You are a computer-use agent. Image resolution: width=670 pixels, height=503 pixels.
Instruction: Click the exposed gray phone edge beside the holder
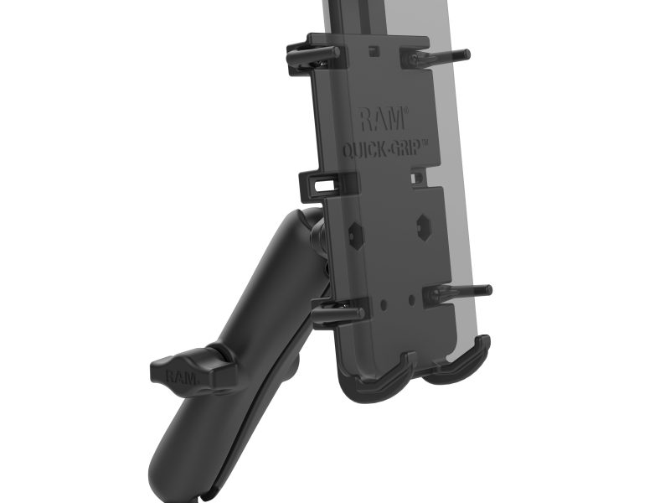click(463, 168)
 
